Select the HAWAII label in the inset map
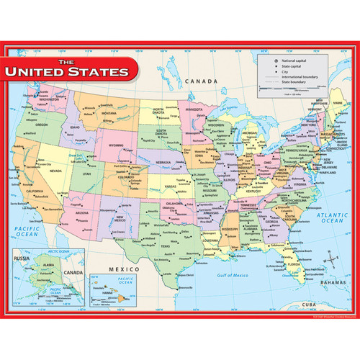119,298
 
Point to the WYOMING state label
115,145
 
